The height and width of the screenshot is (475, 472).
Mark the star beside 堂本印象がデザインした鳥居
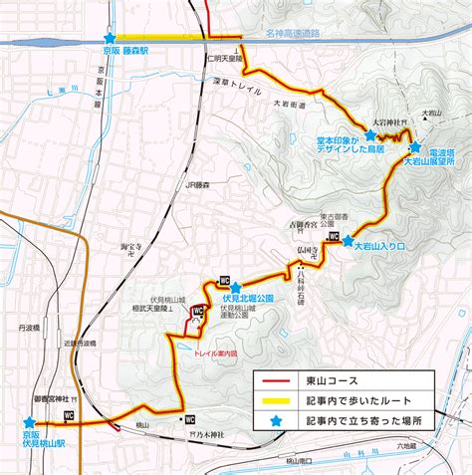click(370, 133)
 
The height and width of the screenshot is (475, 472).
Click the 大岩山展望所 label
click(429, 159)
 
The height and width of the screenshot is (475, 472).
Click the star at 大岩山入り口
click(348, 240)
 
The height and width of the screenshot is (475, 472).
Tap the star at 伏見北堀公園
click(236, 287)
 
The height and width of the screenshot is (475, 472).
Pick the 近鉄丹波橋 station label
click(83, 344)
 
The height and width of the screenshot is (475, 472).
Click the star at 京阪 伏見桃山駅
click(28, 422)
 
